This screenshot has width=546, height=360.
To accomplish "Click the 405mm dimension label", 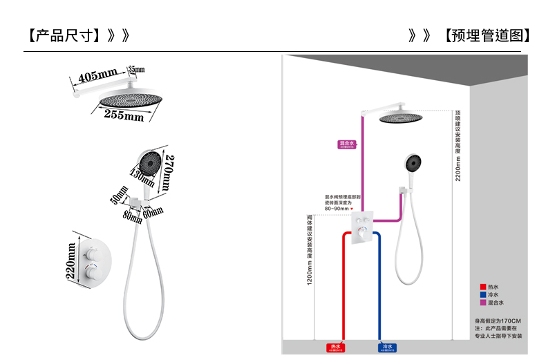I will click(x=97, y=75).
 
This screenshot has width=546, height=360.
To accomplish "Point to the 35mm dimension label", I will click(x=136, y=69).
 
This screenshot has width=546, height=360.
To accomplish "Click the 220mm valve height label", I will click(x=71, y=260).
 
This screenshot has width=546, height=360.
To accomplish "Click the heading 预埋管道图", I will click(x=488, y=35).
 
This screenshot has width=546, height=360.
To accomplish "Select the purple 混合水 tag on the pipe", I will click(x=346, y=144).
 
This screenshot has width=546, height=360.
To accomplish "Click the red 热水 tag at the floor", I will click(x=337, y=347).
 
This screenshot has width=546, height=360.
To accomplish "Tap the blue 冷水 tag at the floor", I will click(x=386, y=347).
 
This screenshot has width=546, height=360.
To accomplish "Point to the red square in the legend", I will click(x=483, y=286).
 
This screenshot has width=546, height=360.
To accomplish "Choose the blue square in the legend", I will click(x=483, y=294).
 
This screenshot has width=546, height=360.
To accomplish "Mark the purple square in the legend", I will click(x=483, y=303).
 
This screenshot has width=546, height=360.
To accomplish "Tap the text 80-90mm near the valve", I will click(x=337, y=208).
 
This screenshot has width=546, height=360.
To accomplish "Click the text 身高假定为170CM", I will click(x=498, y=321).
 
